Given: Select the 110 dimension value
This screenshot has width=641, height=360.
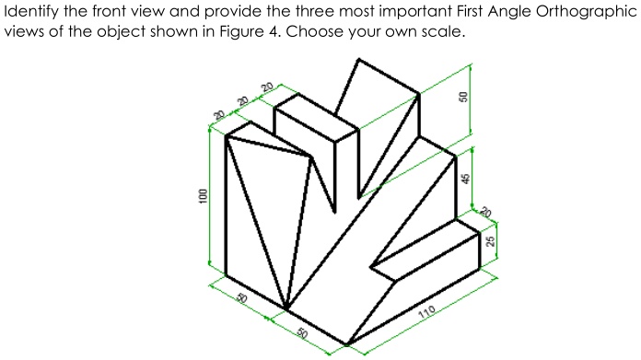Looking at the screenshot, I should coord(425,314).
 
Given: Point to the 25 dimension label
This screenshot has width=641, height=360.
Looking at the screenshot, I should coord(491,240).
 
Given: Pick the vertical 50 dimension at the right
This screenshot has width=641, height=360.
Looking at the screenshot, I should coord(465,95).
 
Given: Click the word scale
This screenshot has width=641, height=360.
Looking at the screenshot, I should coord(433,31).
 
